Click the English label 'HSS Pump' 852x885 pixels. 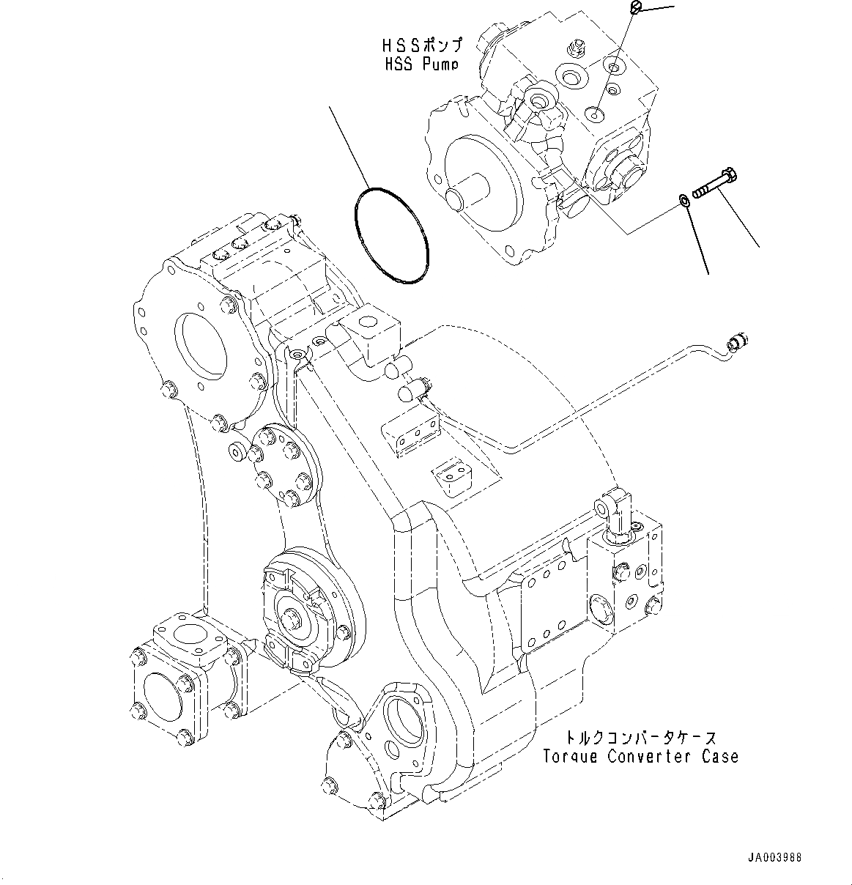pos(421,64)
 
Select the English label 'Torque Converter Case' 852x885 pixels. pos(640,756)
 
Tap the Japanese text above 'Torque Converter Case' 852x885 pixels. pos(640,738)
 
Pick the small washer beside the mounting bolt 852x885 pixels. pos(682,200)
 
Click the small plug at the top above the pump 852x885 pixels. pos(636,7)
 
